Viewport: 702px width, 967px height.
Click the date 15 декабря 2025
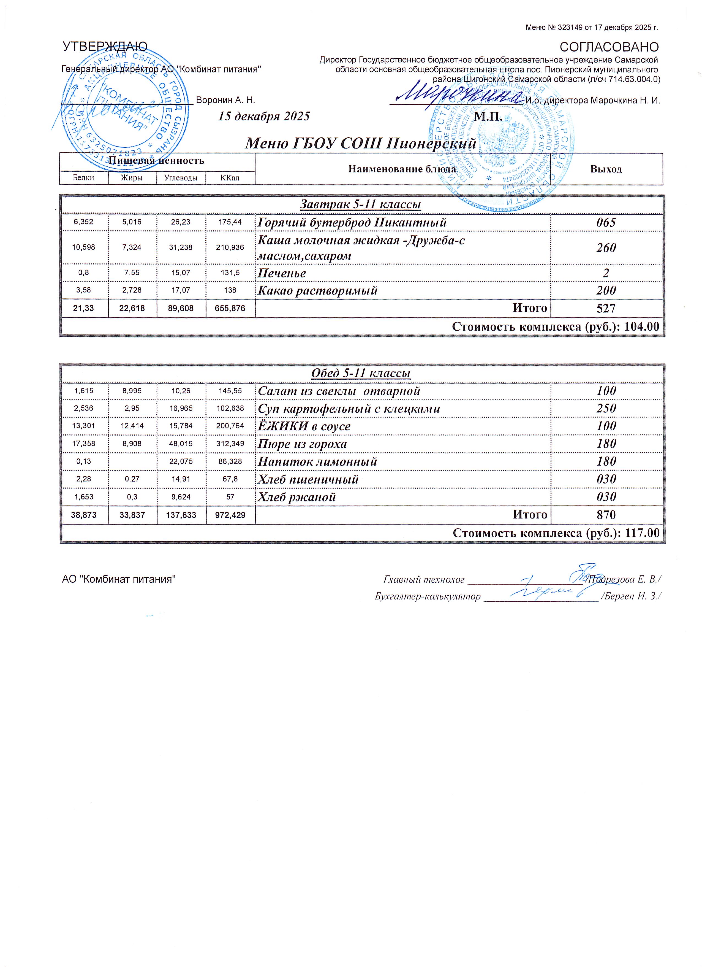point(264,116)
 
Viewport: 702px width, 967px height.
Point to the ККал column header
point(230,178)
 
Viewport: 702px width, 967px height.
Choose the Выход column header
point(606,169)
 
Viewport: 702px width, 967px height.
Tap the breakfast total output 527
point(606,308)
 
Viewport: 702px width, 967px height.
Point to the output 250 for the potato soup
point(606,409)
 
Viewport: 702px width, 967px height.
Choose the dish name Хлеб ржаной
point(297,497)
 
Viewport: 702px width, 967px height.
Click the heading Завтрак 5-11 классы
point(361,205)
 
